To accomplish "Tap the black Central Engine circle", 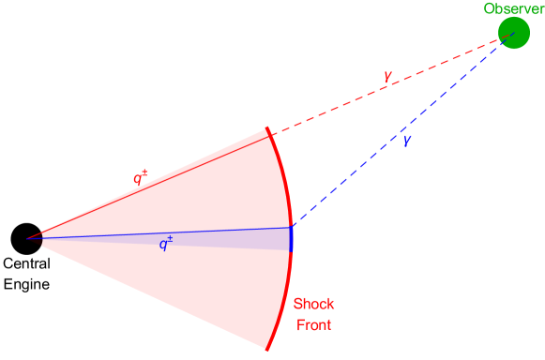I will pyautogui.click(x=26, y=238).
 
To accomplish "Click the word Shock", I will pyautogui.click(x=313, y=305).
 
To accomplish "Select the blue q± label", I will pyautogui.click(x=165, y=245).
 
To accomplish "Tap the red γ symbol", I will pyautogui.click(x=386, y=75).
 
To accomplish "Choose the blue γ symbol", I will pyautogui.click(x=406, y=141).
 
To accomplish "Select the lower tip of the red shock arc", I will pyautogui.click(x=267, y=349).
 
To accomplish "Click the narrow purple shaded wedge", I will pyautogui.click(x=225, y=239).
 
